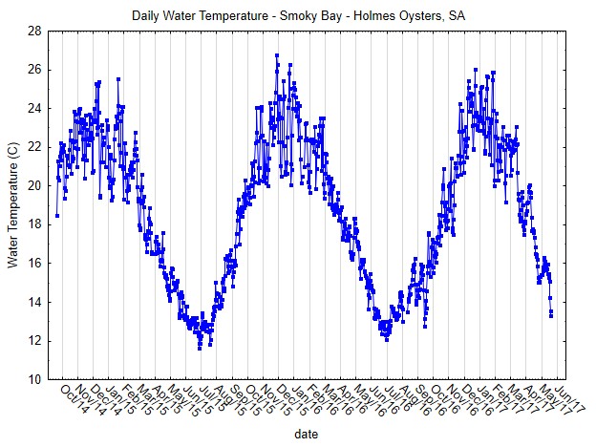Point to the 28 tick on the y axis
coord(33,31)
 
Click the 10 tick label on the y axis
coord(33,379)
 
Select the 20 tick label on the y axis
coord(33,185)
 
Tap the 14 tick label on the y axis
coord(33,302)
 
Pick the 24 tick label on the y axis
coord(33,108)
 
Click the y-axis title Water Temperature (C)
coord(13,204)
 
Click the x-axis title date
coord(307,434)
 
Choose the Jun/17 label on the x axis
coord(564,397)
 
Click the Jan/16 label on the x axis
coord(304,397)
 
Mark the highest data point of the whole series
coord(276,55)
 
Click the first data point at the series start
coord(57,215)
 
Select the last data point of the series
coord(551,314)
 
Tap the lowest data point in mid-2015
coord(200,348)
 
